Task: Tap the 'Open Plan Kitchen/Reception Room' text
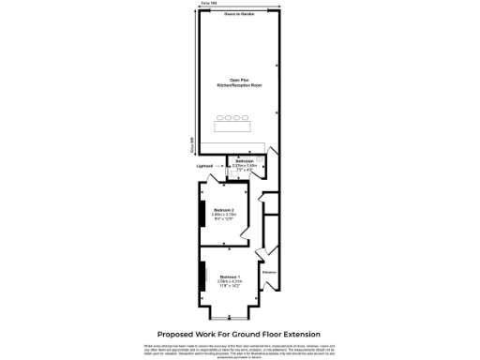(x=239, y=82)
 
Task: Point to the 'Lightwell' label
(x=205, y=166)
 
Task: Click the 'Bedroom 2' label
(x=223, y=209)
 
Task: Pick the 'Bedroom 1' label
(x=230, y=277)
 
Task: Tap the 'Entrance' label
(x=270, y=272)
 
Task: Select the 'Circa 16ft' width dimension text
(x=208, y=5)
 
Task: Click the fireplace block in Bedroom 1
(x=200, y=277)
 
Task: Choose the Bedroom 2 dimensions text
(x=223, y=215)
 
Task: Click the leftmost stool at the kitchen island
(x=220, y=118)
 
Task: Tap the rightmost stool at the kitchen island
(x=246, y=118)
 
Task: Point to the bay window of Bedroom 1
(x=233, y=315)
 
